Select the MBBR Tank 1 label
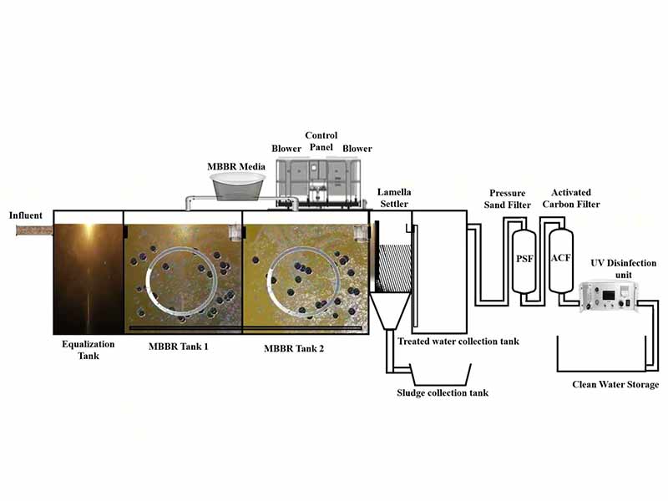178,347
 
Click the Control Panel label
321,141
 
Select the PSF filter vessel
524,260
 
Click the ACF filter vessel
560,258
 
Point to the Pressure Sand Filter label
508,199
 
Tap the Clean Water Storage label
615,385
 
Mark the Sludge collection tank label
442,392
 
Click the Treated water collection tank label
458,341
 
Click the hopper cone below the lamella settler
389,308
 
